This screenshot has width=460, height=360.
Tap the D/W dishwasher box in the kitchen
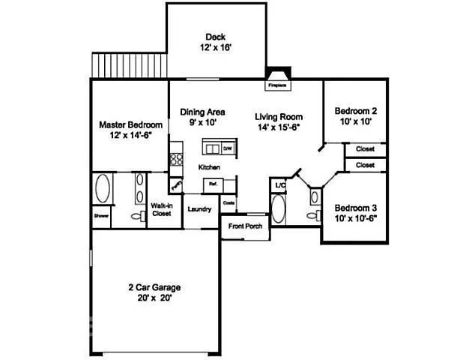pyautogui.click(x=226, y=148)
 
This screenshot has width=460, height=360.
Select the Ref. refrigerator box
pyautogui.click(x=213, y=183)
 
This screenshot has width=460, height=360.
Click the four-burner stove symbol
pyautogui.click(x=177, y=158)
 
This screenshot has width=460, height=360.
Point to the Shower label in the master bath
pyautogui.click(x=101, y=215)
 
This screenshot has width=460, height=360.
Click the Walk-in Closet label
pyautogui.click(x=162, y=209)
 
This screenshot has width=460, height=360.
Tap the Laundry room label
pyautogui.click(x=199, y=209)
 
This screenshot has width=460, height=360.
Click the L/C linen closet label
pyautogui.click(x=280, y=184)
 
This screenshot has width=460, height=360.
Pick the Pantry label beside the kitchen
pyautogui.click(x=178, y=184)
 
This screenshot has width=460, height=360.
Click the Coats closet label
pyautogui.click(x=229, y=202)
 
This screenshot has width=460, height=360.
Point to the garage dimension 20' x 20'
pyautogui.click(x=154, y=297)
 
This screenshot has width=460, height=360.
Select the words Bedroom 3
pyautogui.click(x=355, y=208)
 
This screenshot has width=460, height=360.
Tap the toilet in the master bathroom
pyautogui.click(x=136, y=216)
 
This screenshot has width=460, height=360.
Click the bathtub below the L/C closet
pyautogui.click(x=278, y=209)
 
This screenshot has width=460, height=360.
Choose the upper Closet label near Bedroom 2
pyautogui.click(x=365, y=148)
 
